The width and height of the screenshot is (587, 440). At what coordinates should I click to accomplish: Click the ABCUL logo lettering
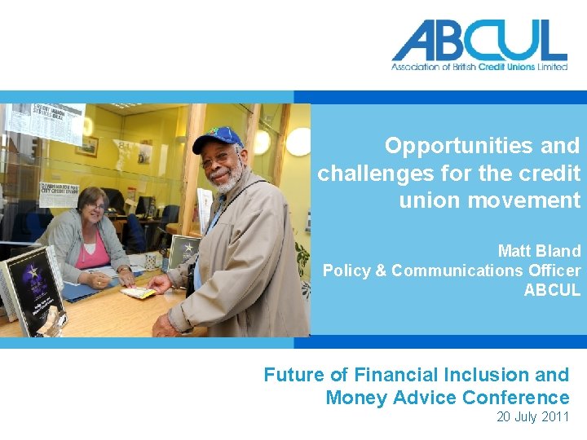click(479, 40)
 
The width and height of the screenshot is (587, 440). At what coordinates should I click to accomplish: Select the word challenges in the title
click(371, 173)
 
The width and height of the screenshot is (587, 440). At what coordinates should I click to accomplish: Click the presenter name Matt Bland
click(539, 251)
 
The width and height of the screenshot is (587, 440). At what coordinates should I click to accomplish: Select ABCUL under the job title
click(552, 290)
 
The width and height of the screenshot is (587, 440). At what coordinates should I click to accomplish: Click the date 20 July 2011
click(533, 417)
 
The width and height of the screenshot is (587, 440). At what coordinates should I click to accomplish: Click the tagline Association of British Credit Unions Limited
click(479, 67)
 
